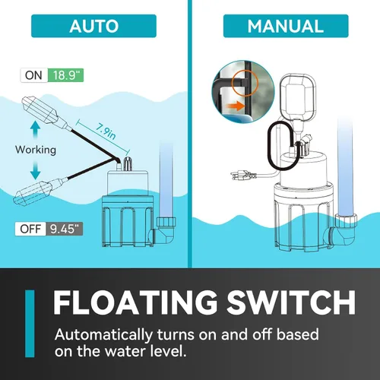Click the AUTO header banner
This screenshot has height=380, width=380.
coord(93,26)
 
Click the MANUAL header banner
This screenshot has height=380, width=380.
coord(286,26)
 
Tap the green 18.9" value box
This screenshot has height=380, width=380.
coord(65,75)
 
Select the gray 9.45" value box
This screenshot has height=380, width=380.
coord(65,229)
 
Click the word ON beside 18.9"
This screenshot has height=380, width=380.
coord(33,75)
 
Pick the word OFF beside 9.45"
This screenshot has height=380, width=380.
coord(30,229)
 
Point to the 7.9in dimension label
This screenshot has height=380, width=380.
coord(106,131)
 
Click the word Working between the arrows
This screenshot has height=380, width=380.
coord(36,150)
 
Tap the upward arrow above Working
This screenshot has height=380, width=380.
coord(35,130)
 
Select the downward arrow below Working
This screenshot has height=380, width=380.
coord(35,170)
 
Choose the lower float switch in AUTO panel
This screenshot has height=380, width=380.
coord(38,191)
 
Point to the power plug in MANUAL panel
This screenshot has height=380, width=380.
coord(243,175)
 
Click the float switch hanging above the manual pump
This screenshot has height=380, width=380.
coord(298,97)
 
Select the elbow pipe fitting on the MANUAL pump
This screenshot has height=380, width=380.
coord(343,230)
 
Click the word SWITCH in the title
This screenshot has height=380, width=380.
coord(291,302)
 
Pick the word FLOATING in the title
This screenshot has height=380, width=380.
coord(135,302)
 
